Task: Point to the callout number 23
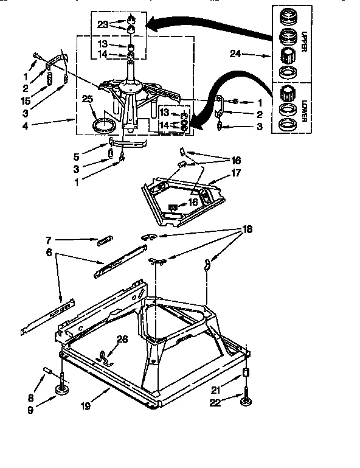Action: point(102,24)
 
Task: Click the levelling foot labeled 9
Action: point(63,390)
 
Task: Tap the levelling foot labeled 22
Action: point(246,401)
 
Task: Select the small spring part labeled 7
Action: point(103,241)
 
